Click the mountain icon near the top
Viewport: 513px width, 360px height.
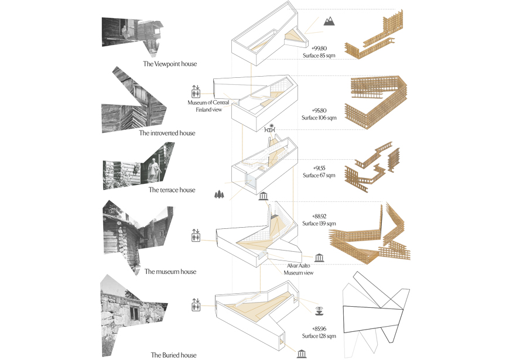pyautogui.click(x=330, y=22)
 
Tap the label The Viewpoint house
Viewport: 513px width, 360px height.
pyautogui.click(x=170, y=64)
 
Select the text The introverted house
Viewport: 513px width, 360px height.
pyautogui.click(x=167, y=133)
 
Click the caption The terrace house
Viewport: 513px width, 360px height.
pyautogui.click(x=172, y=190)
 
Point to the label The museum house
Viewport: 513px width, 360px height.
pyautogui.click(x=170, y=272)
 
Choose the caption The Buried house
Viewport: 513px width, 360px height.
pyautogui.click(x=173, y=355)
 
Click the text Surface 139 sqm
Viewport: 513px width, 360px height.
pyautogui.click(x=319, y=224)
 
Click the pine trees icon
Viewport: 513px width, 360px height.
pyautogui.click(x=220, y=194)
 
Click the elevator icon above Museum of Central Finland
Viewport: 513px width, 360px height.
pyautogui.click(x=196, y=92)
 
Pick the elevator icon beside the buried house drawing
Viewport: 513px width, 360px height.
pyautogui.click(x=196, y=304)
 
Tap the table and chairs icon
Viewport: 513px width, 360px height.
pyautogui.click(x=271, y=128)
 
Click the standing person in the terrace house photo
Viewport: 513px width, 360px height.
pyautogui.click(x=154, y=169)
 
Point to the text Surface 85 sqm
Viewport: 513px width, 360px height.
pyautogui.click(x=319, y=56)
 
